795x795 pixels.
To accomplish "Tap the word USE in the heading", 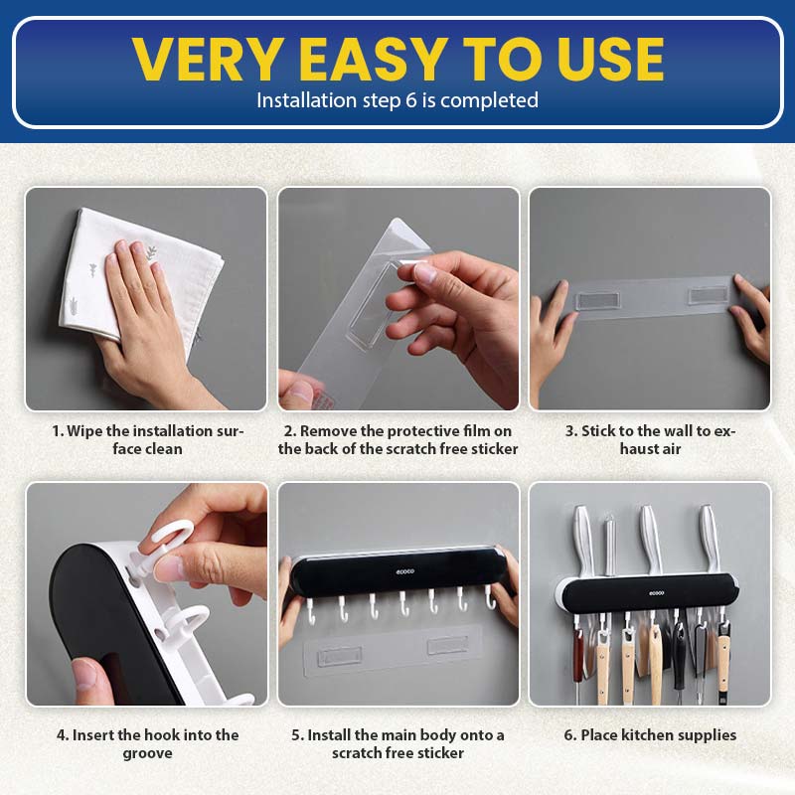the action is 610,60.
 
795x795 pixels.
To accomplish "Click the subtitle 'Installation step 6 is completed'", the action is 397,100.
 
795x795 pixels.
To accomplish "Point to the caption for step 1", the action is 147,439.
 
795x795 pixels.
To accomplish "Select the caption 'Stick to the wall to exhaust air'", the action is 650,439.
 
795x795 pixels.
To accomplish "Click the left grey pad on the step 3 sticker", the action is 598,300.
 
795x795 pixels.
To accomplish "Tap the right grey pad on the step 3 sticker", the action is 710,295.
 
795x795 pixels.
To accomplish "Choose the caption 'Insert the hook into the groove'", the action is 147,743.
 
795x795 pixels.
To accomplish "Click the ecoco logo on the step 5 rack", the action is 405,571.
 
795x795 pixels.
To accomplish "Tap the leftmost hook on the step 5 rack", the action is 311,611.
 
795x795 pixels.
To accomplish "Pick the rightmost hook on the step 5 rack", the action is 490,598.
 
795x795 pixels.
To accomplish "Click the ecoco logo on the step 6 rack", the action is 657,592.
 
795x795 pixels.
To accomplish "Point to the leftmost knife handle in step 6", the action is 582,540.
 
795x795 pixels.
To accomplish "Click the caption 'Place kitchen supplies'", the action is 650,734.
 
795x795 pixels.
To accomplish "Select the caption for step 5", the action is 398,743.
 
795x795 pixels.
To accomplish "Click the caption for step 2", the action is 398,439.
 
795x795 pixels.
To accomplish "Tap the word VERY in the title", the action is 208,60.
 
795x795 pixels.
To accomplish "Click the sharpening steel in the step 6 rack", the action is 610,545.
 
